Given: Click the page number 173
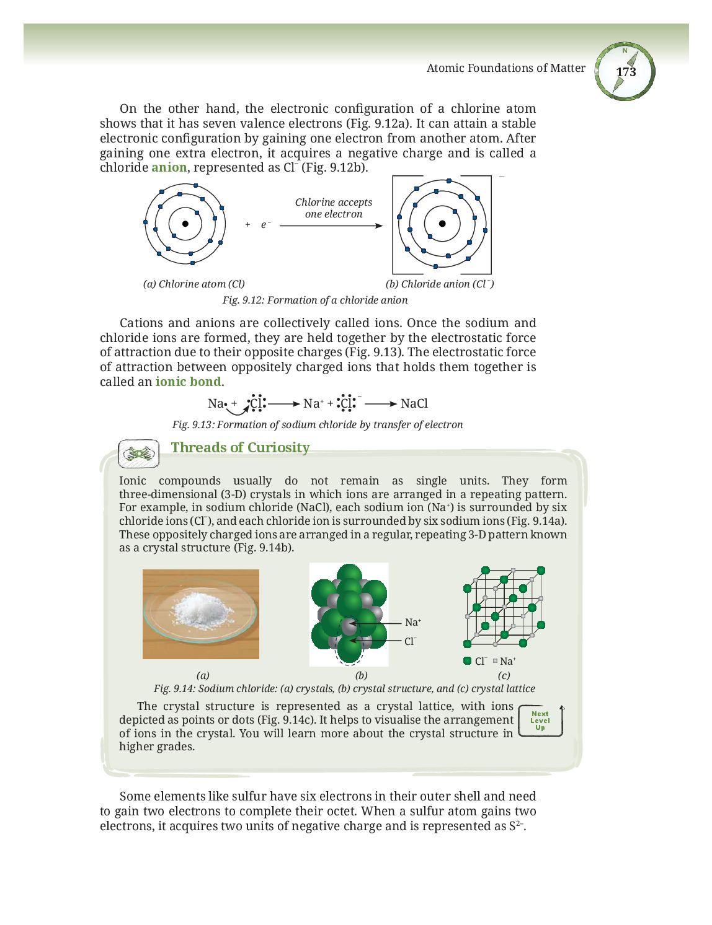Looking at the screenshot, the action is [626, 72].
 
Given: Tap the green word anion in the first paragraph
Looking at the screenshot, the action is [169, 167].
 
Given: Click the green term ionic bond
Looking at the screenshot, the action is [188, 382].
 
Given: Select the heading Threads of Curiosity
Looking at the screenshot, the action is [240, 447].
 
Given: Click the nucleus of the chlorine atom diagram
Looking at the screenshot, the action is [185, 224].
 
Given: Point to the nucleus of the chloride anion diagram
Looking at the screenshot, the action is [442, 224].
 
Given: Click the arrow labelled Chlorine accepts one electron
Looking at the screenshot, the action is [331, 226].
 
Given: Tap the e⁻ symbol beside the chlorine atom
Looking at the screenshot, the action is [265, 224].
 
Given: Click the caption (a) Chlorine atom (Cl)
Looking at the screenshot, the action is [194, 284].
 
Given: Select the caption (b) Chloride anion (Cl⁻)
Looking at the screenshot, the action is [440, 284].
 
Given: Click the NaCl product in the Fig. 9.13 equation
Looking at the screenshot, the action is [414, 403].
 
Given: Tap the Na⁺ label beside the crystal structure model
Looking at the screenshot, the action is [413, 622].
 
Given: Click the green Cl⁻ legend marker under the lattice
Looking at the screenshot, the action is [467, 660].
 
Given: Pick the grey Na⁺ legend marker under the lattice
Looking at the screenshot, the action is [495, 661].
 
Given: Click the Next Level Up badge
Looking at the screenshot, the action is [541, 721].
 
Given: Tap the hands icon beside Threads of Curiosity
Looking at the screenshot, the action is [139, 454].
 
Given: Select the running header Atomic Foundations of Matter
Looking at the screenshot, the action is [505, 68].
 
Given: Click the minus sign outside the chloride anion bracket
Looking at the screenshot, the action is [502, 177].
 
